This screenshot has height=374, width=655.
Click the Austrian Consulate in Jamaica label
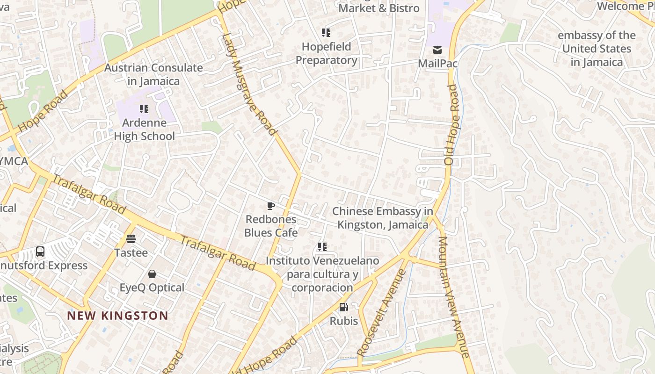point(153,74)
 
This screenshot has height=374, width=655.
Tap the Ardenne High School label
point(145,129)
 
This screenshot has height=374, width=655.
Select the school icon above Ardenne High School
point(144,109)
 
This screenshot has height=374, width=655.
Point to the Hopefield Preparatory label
point(326,53)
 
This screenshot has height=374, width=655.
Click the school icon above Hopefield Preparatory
point(326,33)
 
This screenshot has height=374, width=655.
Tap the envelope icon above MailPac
point(437,50)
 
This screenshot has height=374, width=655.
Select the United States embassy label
point(597,49)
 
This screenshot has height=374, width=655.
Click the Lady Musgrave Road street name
point(248,84)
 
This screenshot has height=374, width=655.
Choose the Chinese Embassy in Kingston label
point(383,218)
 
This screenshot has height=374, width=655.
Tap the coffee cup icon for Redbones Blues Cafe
point(270,206)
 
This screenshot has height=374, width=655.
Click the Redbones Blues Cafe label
point(271,226)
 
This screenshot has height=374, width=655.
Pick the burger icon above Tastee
point(131,239)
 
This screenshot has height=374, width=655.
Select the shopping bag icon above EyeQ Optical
point(152,273)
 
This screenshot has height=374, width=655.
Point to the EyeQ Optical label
point(152,288)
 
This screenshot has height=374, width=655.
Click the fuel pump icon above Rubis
point(343,307)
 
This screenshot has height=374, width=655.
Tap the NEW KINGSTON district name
point(117,316)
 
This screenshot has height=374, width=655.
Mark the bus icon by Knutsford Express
point(40,252)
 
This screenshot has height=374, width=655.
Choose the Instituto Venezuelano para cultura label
point(322,274)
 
